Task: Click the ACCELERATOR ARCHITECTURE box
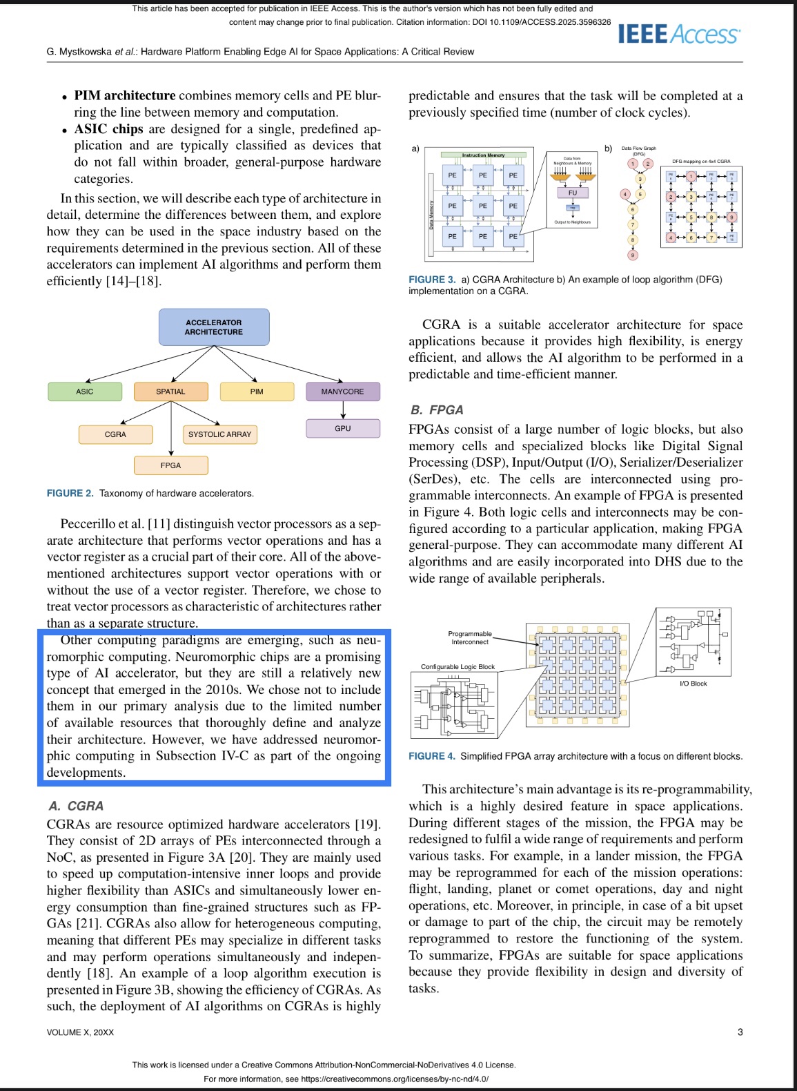214,327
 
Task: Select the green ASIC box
85,392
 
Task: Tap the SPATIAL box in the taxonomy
170,392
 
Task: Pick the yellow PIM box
257,392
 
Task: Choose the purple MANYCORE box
343,392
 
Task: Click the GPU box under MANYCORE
343,428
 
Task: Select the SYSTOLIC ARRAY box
220,434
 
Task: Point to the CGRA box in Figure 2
115,434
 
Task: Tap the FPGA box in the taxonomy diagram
170,465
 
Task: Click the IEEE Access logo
679,34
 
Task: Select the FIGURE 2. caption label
70,493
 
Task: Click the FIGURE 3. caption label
432,280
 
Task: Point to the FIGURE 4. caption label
432,756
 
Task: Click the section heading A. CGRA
76,806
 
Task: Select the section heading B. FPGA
437,409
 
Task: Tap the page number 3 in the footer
740,1032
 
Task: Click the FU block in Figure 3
573,193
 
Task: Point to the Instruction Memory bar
484,155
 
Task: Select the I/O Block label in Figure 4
693,684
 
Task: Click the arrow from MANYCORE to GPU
343,410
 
